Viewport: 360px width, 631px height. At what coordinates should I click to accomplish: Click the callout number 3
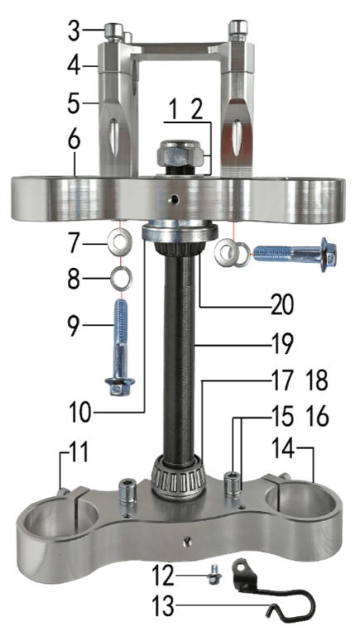[x=74, y=31]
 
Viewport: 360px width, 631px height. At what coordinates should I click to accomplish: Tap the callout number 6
[x=74, y=140]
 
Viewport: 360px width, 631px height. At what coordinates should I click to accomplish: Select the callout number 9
[x=74, y=326]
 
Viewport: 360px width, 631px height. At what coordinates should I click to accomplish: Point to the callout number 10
[x=80, y=413]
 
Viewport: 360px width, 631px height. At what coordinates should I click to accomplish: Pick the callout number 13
[x=164, y=605]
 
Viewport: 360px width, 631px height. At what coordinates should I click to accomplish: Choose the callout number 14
[x=285, y=448]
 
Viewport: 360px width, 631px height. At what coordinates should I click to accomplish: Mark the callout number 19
[x=282, y=345]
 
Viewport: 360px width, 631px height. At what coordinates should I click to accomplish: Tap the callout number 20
[x=282, y=306]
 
